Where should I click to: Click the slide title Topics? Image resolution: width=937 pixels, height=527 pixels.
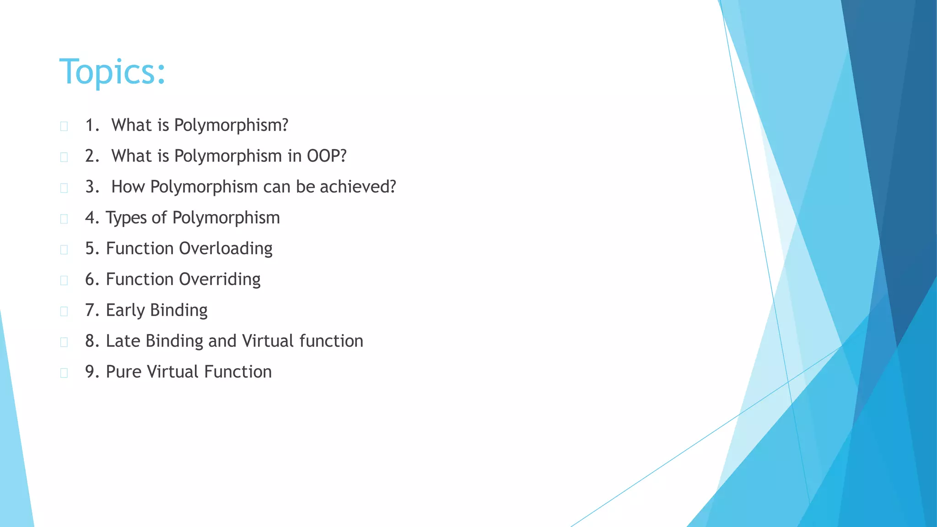[x=112, y=72]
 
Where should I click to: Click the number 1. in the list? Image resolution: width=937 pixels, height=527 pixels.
[x=92, y=125]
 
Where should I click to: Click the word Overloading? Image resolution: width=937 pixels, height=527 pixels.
[x=226, y=248]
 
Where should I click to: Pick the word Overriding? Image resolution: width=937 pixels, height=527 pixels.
[x=220, y=279]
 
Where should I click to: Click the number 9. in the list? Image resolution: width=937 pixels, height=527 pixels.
[x=92, y=372]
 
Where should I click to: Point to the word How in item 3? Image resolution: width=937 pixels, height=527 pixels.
[x=128, y=187]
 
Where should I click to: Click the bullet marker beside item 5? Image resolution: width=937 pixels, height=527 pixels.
[x=64, y=249]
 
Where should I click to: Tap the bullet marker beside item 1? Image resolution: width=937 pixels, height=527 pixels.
[x=64, y=126]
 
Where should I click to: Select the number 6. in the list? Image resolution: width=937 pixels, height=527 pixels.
[x=92, y=279]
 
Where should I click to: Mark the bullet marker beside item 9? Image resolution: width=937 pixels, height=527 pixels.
[x=64, y=373]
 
